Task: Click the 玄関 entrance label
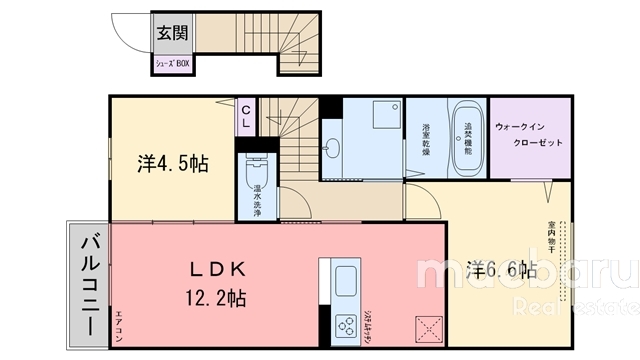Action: [x=170, y=32]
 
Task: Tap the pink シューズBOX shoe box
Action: [x=170, y=62]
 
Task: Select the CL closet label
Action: [x=245, y=112]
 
